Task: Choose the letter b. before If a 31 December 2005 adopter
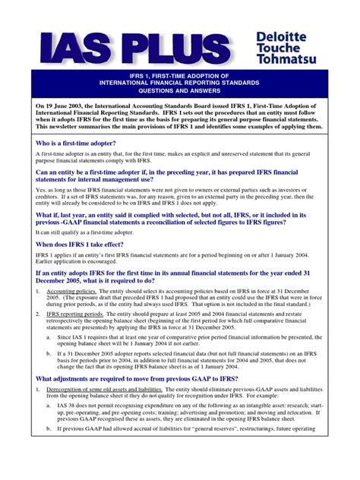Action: coord(49,375)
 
